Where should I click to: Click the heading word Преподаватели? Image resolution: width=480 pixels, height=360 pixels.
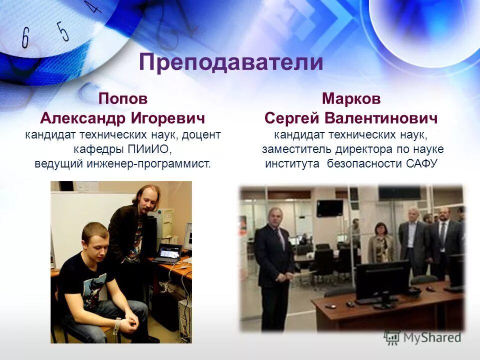pos(231,62)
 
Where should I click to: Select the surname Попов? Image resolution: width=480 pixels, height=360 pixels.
pos(123,98)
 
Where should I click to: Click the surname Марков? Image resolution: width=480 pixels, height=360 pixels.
pos(351,98)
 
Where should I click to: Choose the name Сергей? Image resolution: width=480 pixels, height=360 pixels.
pos(292,118)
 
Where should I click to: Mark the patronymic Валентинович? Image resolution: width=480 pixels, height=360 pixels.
pos(381,118)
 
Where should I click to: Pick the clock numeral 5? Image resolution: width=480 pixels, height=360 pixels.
pos(62,30)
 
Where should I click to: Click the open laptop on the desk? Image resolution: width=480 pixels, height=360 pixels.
pos(167,253)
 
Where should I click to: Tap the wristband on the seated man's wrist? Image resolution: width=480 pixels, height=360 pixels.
pos(117,326)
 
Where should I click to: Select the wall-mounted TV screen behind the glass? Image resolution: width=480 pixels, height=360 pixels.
pos(330,207)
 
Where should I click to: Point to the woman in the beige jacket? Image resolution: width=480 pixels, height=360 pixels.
pos(381,243)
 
